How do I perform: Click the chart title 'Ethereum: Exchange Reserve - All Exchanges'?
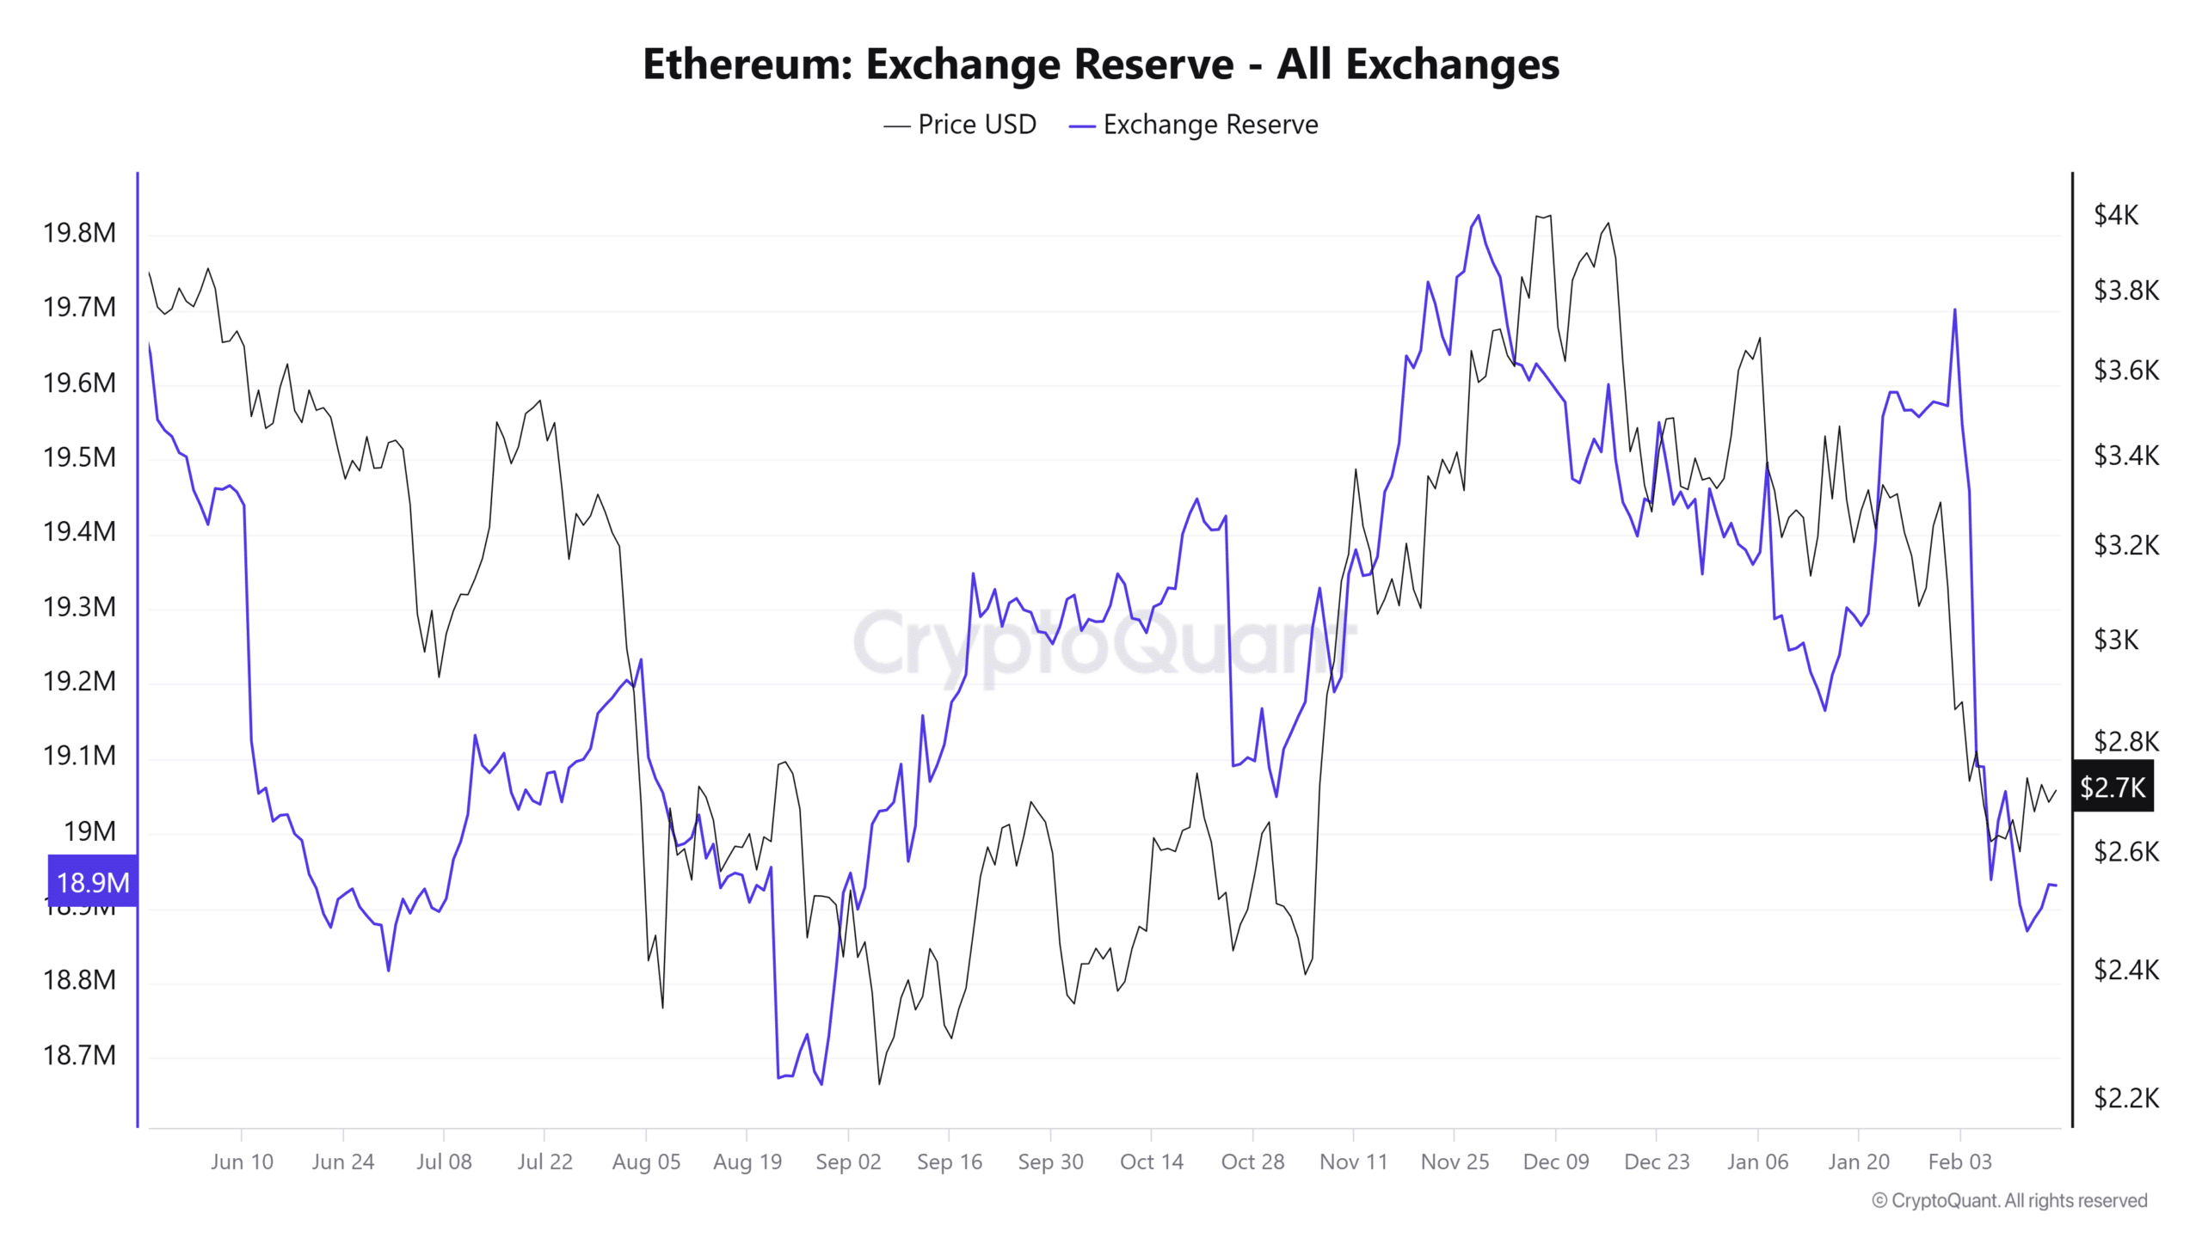[1100, 64]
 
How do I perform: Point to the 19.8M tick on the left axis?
[79, 233]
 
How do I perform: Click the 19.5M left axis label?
[79, 457]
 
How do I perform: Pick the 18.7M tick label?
[79, 1055]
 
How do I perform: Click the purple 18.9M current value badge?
[93, 882]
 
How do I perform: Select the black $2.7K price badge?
[2113, 787]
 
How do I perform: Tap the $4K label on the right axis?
[2115, 215]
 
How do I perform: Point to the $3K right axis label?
[2115, 640]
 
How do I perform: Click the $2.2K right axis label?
[2125, 1098]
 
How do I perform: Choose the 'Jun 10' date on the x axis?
[242, 1162]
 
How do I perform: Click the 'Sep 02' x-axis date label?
[848, 1162]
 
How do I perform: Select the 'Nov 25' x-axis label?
[1455, 1162]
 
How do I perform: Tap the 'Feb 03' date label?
[1959, 1162]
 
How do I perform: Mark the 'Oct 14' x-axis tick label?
[1151, 1162]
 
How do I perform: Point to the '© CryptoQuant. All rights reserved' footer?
[2009, 1201]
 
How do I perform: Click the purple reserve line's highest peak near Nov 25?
[1479, 216]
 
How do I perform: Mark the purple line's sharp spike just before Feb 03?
[1955, 310]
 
